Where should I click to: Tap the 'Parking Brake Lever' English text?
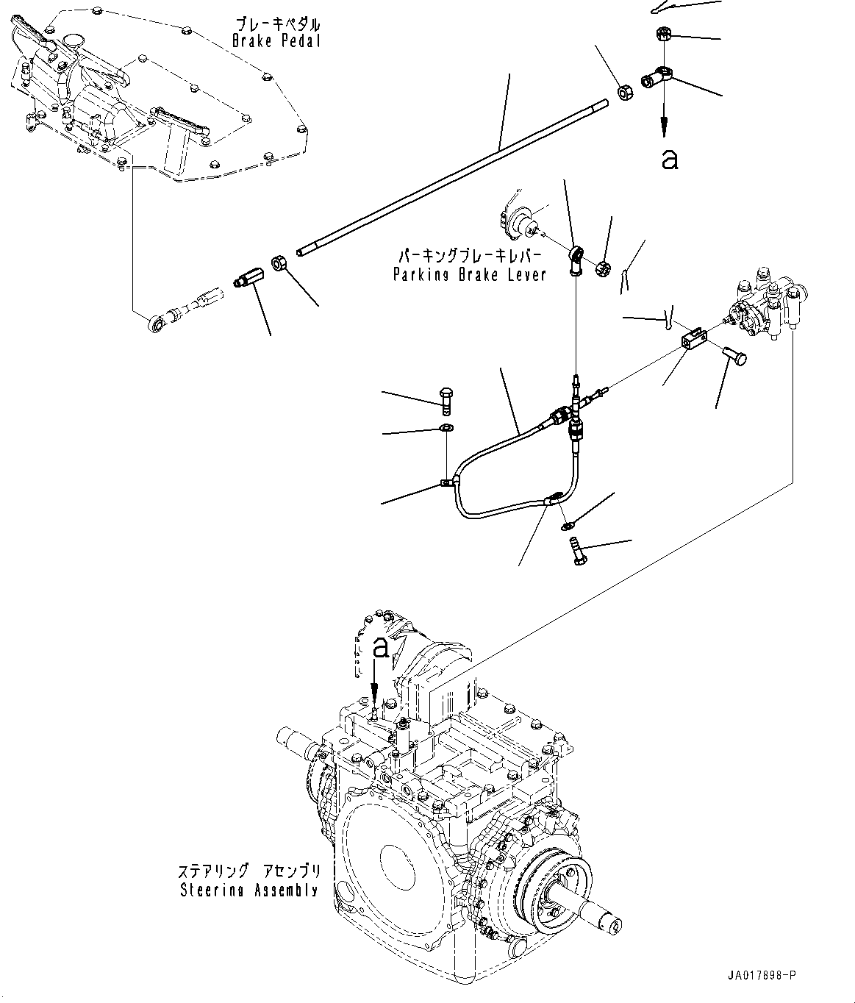click(x=469, y=274)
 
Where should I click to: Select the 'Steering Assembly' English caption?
click(x=249, y=890)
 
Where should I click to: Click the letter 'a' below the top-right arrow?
click(x=669, y=159)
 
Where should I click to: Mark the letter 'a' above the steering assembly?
click(x=380, y=648)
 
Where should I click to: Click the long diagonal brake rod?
click(x=456, y=176)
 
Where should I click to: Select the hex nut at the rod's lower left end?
click(x=280, y=263)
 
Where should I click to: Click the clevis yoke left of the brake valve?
click(x=693, y=339)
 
